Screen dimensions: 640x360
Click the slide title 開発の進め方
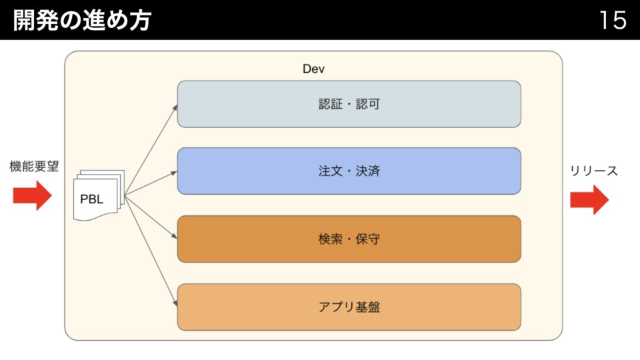click(82, 20)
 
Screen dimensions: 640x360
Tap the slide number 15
click(613, 20)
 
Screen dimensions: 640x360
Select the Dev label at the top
click(313, 69)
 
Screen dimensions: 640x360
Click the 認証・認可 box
click(349, 104)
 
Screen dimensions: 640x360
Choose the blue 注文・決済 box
click(349, 171)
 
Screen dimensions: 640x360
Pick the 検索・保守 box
click(349, 239)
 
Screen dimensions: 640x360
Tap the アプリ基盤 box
click(349, 307)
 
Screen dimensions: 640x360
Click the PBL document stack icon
click(99, 195)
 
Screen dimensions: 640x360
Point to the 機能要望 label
click(34, 166)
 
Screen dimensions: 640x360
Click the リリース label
click(593, 171)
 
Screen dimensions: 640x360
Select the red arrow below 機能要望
click(32, 196)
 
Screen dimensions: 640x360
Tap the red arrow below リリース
click(589, 199)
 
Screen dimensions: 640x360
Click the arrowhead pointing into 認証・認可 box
click(175, 108)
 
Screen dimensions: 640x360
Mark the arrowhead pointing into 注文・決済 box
click(174, 173)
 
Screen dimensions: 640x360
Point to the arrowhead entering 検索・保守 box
click(175, 236)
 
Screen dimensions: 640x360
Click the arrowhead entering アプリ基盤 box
click(175, 303)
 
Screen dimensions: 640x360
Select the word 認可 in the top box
click(368, 104)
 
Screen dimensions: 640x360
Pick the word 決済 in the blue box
click(368, 171)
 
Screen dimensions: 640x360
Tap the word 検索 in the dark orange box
click(331, 239)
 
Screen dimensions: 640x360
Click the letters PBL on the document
click(92, 199)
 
